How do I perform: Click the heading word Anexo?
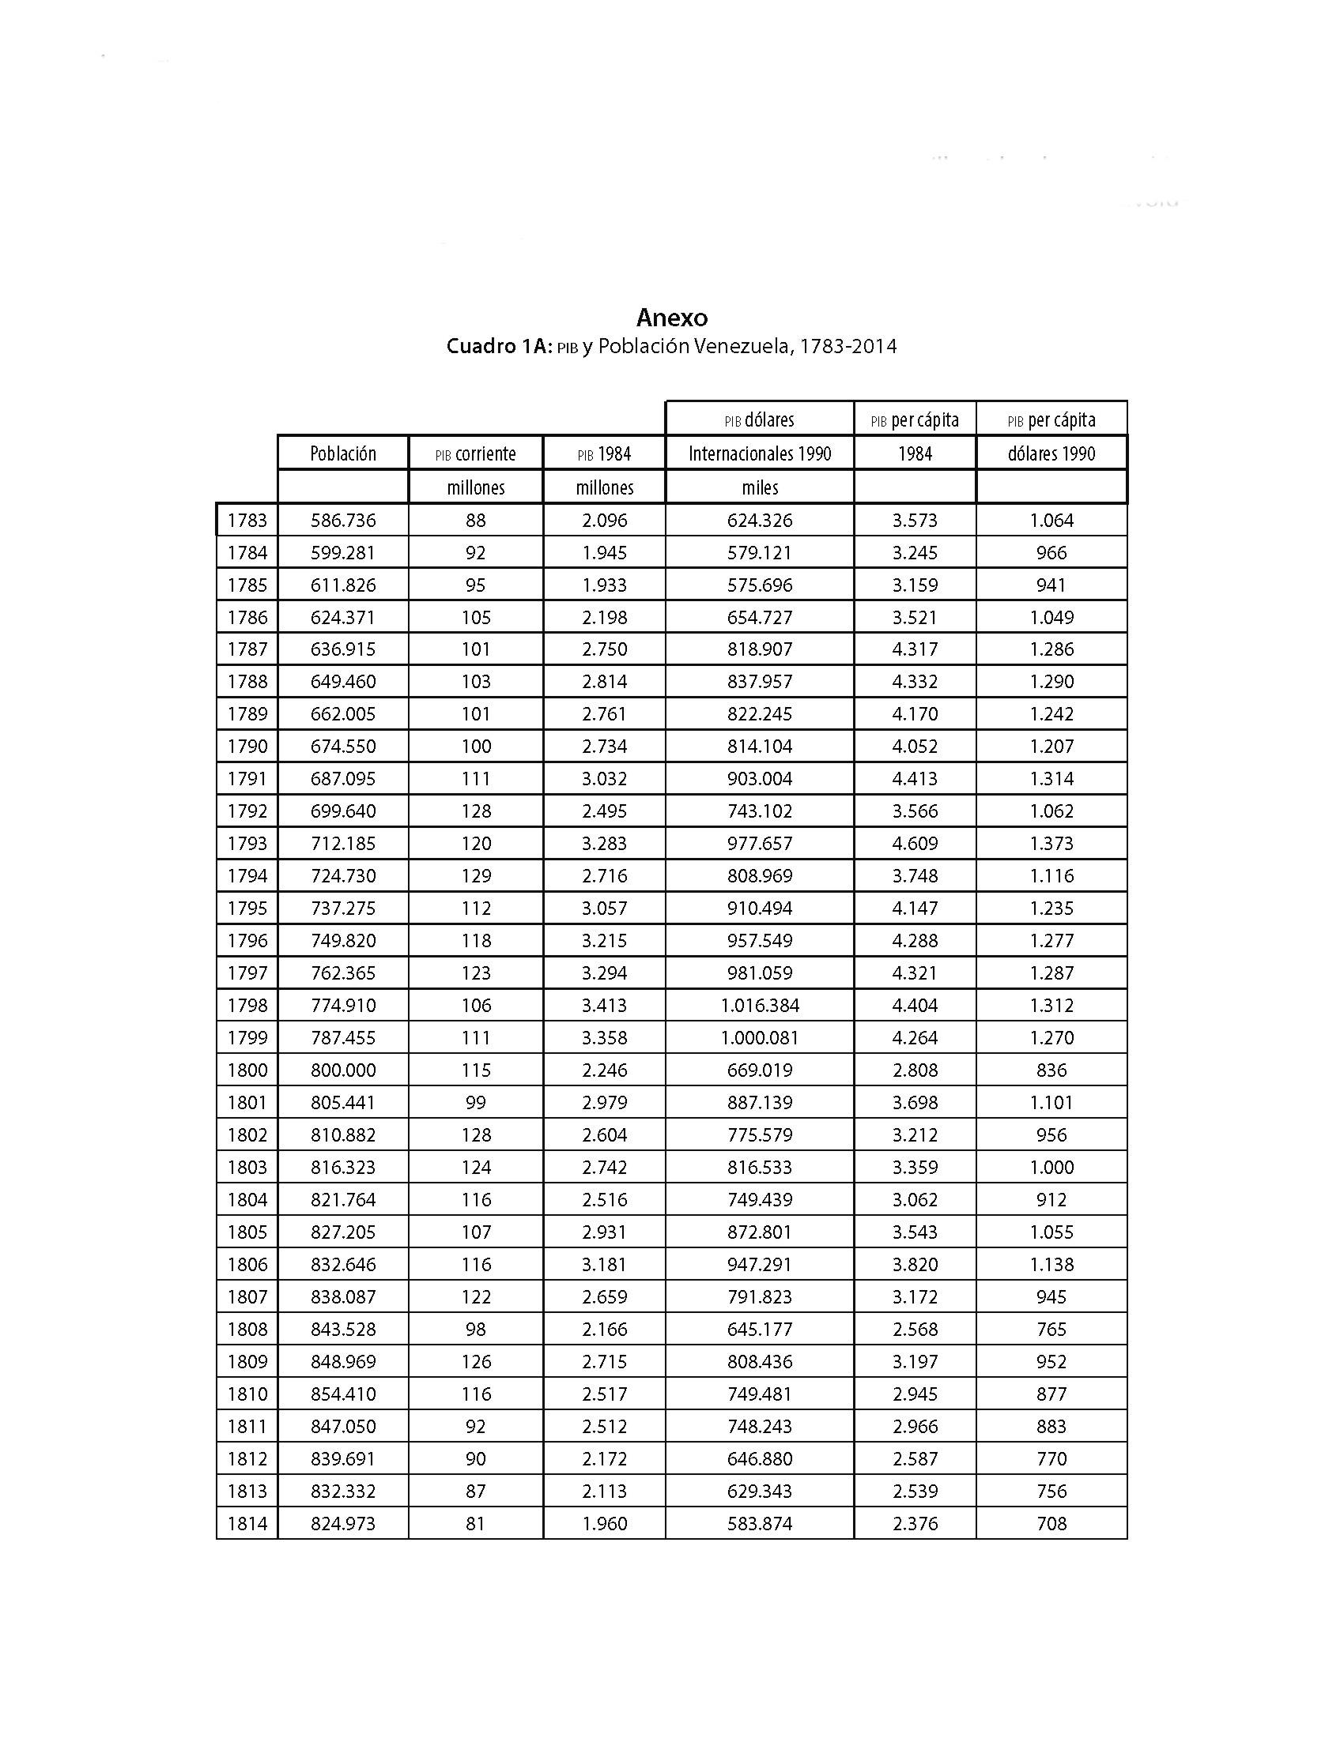click(671, 318)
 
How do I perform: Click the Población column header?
click(342, 453)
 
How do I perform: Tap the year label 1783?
click(247, 521)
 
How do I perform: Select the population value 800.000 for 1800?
click(343, 1070)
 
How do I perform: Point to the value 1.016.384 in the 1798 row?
click(760, 1005)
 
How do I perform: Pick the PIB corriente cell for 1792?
click(475, 811)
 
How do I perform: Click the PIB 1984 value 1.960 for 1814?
click(604, 1523)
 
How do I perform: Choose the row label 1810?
click(247, 1394)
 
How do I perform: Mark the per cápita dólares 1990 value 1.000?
click(1051, 1168)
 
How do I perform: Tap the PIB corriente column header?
click(475, 453)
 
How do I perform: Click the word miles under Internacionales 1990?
click(760, 487)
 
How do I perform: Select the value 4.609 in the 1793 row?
click(915, 844)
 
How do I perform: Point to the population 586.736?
click(343, 521)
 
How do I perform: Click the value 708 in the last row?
click(1051, 1523)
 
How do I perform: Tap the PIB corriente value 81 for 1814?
click(475, 1523)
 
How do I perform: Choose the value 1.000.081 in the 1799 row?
click(760, 1038)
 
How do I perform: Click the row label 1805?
click(247, 1232)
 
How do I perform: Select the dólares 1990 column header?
click(1051, 453)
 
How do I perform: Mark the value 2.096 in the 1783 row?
click(604, 521)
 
